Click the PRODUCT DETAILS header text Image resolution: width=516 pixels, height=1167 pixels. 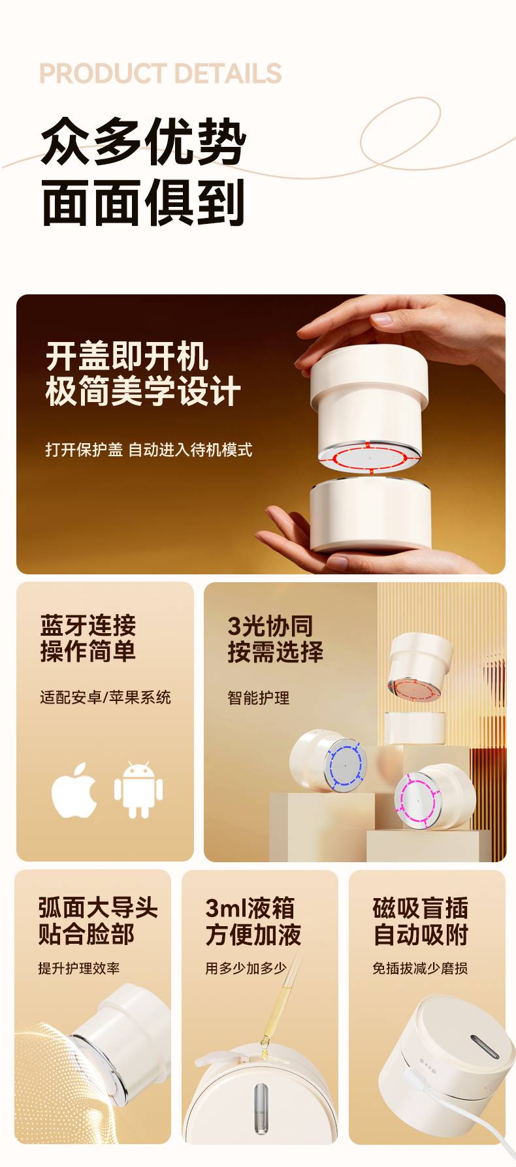coord(160,73)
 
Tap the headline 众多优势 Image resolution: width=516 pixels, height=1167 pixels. coord(144,141)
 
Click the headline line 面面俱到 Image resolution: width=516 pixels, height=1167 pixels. coord(144,202)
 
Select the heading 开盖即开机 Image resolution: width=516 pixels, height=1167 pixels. coord(127,356)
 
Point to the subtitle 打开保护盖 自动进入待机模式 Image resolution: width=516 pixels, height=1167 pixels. coord(148,450)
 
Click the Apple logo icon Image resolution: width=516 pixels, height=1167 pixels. coord(74,790)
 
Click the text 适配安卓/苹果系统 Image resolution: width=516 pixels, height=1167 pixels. coord(105,697)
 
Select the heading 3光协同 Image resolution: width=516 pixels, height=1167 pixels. coord(270,626)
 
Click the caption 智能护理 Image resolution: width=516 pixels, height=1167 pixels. coord(259,698)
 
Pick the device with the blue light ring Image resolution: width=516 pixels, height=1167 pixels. coord(329,760)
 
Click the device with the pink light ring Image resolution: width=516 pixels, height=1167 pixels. coord(434,796)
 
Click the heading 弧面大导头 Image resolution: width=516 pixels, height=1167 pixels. coord(98,907)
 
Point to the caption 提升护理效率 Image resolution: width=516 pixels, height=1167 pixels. coord(79,968)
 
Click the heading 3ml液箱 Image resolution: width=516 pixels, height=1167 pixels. coord(250,907)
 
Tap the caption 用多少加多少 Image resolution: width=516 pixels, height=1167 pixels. coord(246,968)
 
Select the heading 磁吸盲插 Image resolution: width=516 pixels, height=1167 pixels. coord(421,907)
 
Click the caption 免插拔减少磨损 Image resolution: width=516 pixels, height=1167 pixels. coord(420,968)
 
